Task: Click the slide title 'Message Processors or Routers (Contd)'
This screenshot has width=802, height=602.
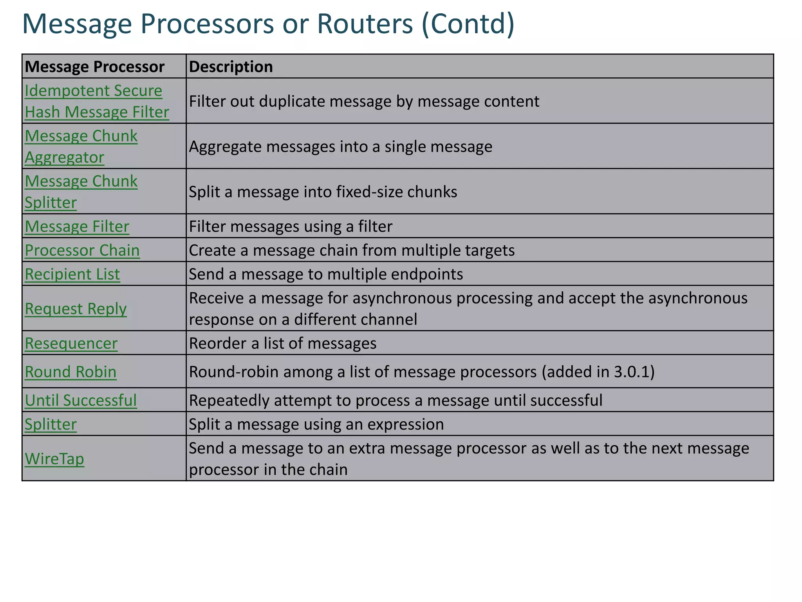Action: (268, 24)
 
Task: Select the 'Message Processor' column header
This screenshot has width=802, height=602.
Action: (94, 67)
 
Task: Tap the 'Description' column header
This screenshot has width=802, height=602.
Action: (231, 67)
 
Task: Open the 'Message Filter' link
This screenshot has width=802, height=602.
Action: (77, 227)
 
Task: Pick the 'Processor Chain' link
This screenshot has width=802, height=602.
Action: (82, 250)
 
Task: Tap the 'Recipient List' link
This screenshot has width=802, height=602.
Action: (72, 274)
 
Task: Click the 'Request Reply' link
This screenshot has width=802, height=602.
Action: (76, 309)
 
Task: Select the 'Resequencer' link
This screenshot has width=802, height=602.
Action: (71, 343)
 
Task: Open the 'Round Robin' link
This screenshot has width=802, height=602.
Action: (70, 372)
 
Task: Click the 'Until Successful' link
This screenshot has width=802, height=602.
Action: (81, 401)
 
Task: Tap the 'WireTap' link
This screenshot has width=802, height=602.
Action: (54, 459)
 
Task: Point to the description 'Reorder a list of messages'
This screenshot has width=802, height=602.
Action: (282, 343)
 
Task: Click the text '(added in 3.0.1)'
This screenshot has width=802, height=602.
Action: (598, 372)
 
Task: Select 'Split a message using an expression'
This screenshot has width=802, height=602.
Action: (316, 424)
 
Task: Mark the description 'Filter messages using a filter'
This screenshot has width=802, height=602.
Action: (291, 227)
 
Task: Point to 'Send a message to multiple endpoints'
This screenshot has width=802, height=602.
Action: (326, 274)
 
